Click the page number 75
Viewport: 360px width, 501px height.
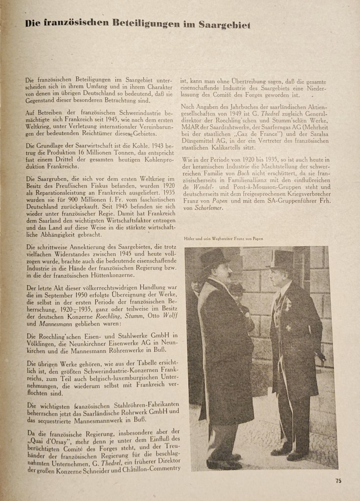(x=338, y=481)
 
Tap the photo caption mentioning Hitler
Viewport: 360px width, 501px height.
(x=224, y=238)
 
